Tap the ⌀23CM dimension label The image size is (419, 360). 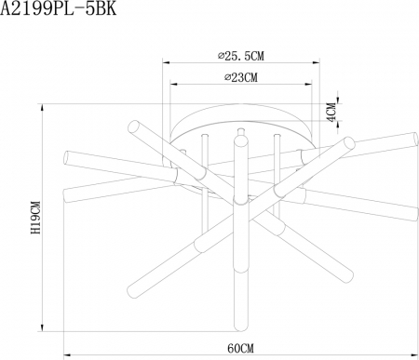[x=240, y=77]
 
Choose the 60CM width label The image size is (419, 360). [x=241, y=347]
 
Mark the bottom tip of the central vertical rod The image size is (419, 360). [x=241, y=327]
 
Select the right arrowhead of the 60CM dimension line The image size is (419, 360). [x=415, y=354]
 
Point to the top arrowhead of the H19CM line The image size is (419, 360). [x=43, y=104]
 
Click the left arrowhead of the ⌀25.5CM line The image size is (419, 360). [x=167, y=63]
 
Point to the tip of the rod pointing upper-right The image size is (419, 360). [x=350, y=142]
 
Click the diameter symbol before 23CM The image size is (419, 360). [x=226, y=77]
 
